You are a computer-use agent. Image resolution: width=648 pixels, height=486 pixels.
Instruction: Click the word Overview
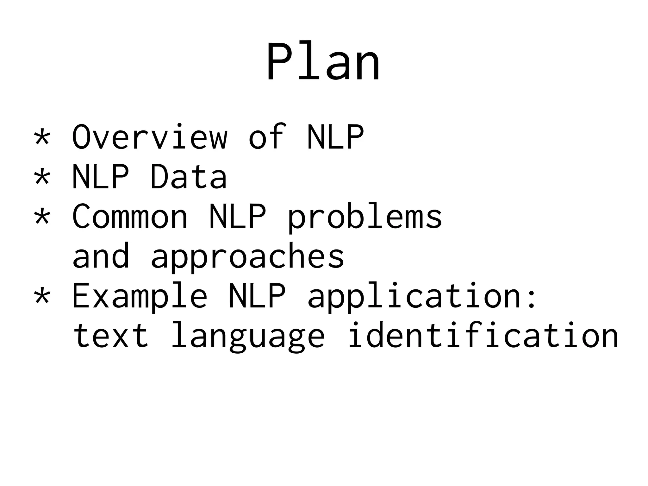[x=150, y=137]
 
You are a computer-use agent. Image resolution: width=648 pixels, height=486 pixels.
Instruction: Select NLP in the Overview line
[x=335, y=137]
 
